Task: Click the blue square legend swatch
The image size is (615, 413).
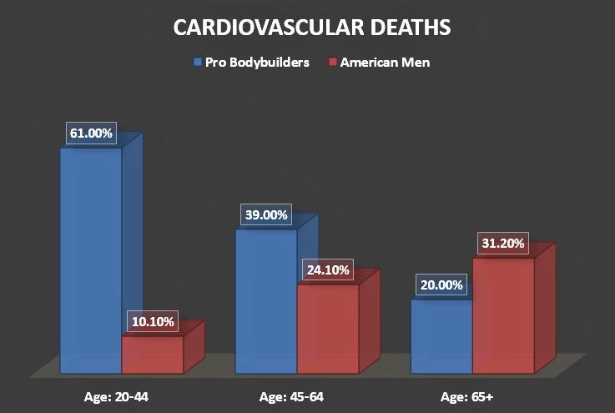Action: (x=197, y=62)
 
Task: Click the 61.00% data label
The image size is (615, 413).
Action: (x=92, y=133)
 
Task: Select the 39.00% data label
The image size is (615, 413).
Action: (x=265, y=214)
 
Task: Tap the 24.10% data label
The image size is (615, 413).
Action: (x=328, y=270)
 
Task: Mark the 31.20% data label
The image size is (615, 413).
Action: (x=503, y=244)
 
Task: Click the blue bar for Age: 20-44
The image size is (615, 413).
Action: (x=90, y=259)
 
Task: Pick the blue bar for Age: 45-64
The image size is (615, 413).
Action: (x=265, y=300)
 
